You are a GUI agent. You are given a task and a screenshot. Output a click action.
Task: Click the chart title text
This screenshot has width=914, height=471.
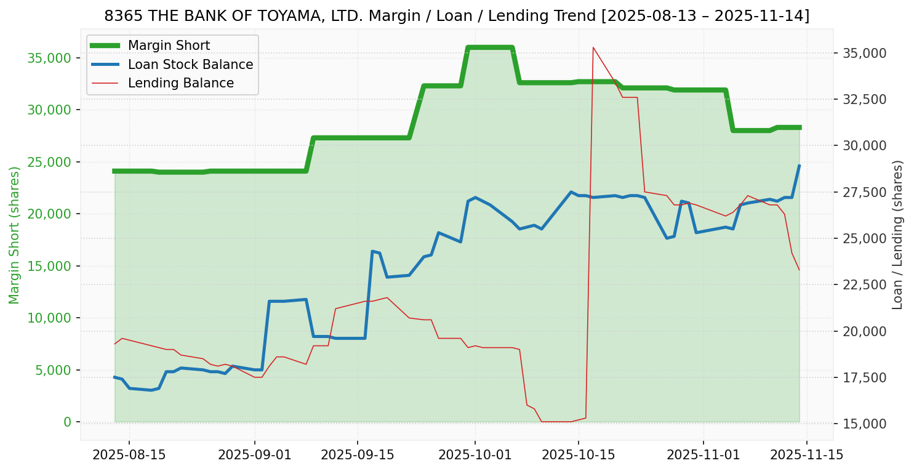pyautogui.click(x=457, y=16)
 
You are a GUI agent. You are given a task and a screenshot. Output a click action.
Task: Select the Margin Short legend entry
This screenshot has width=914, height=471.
pyautogui.click(x=169, y=46)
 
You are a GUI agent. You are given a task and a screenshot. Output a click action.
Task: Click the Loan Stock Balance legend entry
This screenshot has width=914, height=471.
pyautogui.click(x=190, y=65)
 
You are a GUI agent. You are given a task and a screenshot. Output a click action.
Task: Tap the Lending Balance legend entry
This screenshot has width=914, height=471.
pyautogui.click(x=180, y=83)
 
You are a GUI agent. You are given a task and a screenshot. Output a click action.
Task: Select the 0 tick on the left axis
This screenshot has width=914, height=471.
pyautogui.click(x=67, y=422)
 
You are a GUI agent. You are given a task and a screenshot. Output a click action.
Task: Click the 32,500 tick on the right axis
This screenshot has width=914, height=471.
pyautogui.click(x=860, y=100)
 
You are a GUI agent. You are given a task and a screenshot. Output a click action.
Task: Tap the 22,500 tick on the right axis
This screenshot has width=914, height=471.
pyautogui.click(x=860, y=285)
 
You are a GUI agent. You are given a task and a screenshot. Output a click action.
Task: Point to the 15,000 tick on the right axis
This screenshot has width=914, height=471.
pyautogui.click(x=860, y=424)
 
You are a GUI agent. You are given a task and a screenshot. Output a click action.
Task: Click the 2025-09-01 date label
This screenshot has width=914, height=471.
pyautogui.click(x=254, y=455)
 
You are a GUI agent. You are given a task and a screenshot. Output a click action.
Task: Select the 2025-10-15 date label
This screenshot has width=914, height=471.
pyautogui.click(x=578, y=455)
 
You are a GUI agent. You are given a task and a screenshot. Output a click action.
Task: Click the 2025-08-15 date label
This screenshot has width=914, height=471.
pyautogui.click(x=129, y=455)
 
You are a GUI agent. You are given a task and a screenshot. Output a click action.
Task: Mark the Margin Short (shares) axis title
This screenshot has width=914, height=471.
pyautogui.click(x=15, y=235)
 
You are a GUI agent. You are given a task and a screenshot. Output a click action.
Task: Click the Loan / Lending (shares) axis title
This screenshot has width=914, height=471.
pyautogui.click(x=897, y=235)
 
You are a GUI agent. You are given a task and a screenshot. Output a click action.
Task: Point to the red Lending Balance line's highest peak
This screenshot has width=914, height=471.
pyautogui.click(x=593, y=47)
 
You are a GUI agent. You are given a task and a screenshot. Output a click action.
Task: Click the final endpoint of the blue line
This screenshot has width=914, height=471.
pyautogui.click(x=799, y=166)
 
